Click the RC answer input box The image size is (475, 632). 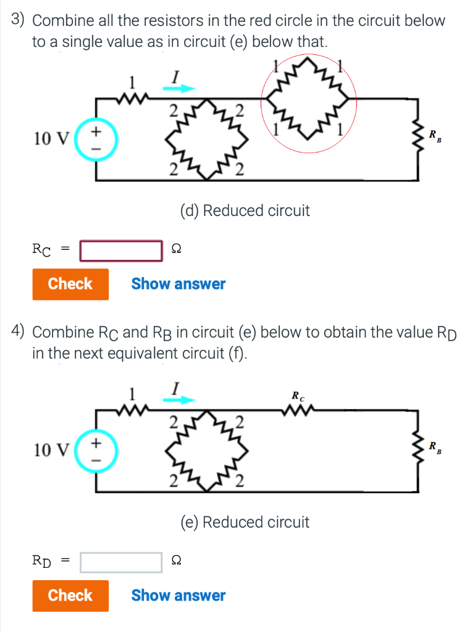coord(121,250)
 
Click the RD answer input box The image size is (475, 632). coord(121,562)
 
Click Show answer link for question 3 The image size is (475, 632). coord(178,284)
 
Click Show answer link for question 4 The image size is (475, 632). coord(178,596)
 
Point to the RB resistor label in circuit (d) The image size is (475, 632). coord(435,135)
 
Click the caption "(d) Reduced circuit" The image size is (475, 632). coord(245,211)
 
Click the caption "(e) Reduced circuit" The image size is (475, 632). coord(245,523)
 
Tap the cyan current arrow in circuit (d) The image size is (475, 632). coord(179,88)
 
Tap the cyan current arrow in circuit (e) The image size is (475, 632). coord(179,400)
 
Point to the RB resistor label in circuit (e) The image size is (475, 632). coord(435,447)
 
